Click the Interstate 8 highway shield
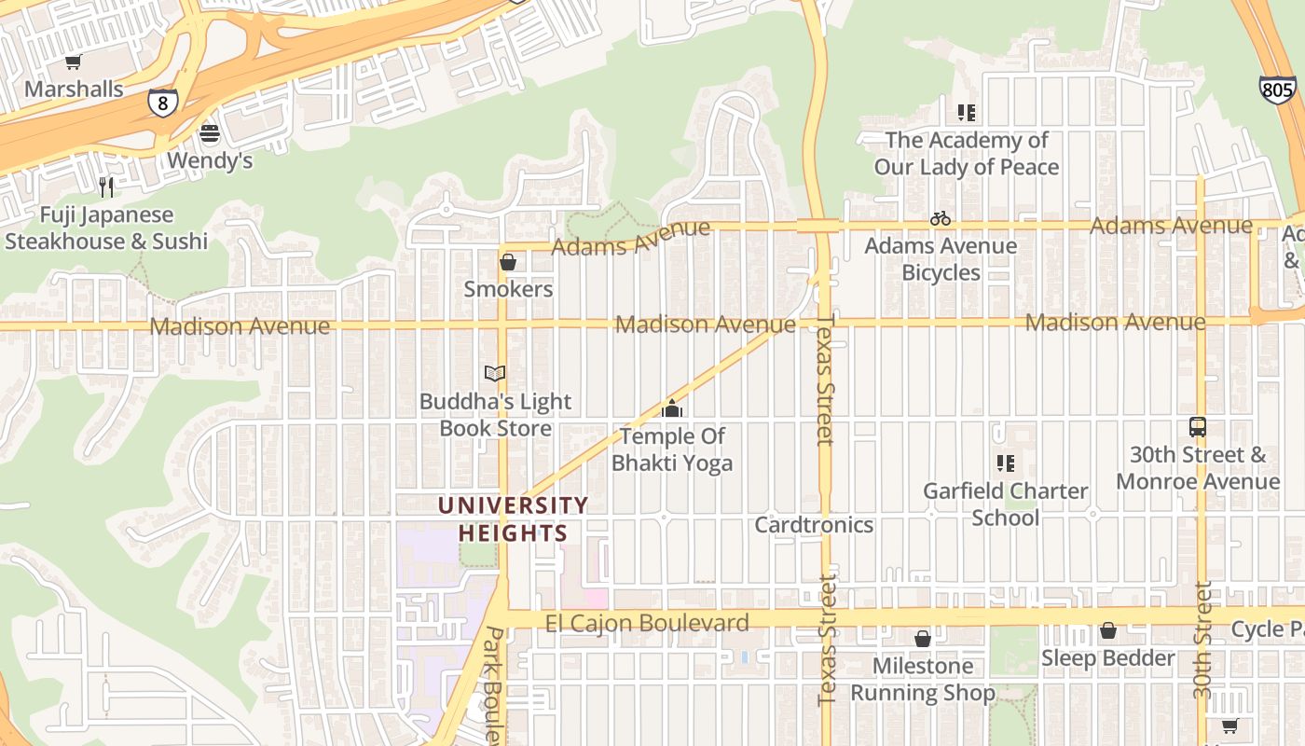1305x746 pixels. (x=162, y=103)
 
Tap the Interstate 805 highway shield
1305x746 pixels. (x=1276, y=90)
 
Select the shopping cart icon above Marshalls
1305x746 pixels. (x=74, y=62)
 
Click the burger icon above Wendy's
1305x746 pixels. (x=210, y=133)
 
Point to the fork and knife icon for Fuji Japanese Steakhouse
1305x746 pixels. (x=106, y=187)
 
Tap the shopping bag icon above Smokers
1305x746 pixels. (x=508, y=262)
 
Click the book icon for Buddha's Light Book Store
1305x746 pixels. (x=495, y=374)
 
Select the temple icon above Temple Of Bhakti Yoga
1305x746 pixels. (x=672, y=408)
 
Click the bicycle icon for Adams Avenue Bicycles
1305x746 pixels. (x=941, y=218)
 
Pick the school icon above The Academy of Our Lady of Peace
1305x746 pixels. (x=967, y=113)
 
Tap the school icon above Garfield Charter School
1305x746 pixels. (x=1005, y=463)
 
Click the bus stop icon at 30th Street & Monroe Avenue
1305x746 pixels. (x=1198, y=427)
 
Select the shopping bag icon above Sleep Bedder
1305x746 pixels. (x=1107, y=631)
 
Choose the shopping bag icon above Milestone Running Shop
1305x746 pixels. (x=922, y=639)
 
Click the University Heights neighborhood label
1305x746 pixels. (x=513, y=519)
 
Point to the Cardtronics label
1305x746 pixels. (x=814, y=525)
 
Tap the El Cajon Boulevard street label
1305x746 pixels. (x=647, y=623)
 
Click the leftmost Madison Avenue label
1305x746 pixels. (x=240, y=326)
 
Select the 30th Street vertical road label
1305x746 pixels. (x=1203, y=640)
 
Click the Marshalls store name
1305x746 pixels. (x=74, y=90)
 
